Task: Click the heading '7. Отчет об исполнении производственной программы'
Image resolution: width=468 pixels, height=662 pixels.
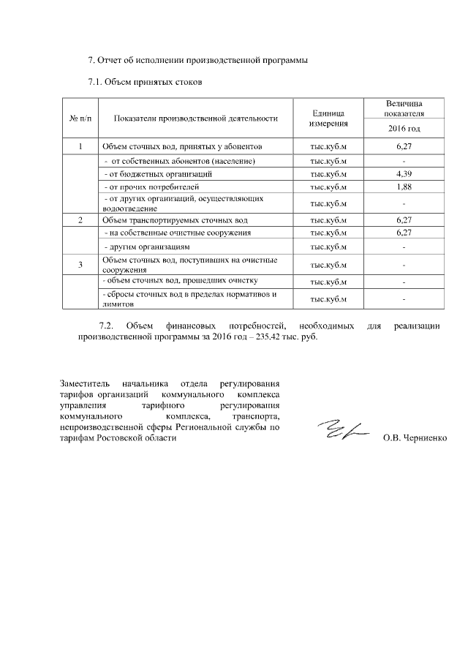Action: coord(194,59)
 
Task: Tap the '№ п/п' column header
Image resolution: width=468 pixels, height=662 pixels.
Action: coord(80,118)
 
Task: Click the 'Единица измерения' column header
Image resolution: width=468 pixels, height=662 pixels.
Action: coord(328,118)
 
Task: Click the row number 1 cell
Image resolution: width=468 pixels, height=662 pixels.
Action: coord(80,147)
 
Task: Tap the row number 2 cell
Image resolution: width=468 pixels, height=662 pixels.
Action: coord(80,219)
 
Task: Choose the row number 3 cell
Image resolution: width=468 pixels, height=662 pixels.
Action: coord(80,264)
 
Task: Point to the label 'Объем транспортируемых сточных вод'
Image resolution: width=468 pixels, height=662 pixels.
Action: coord(175,219)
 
